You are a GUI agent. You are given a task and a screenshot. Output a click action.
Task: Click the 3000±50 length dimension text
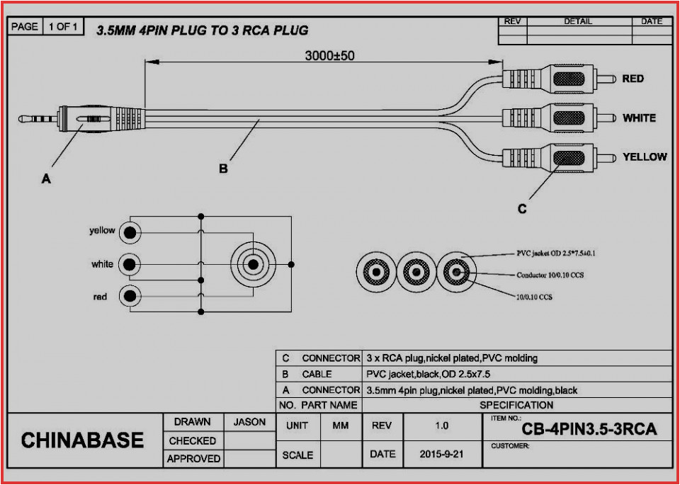[x=329, y=56]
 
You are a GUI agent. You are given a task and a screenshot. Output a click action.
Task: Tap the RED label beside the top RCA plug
[x=633, y=79]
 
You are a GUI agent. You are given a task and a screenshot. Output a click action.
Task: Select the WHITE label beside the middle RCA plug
[x=639, y=118]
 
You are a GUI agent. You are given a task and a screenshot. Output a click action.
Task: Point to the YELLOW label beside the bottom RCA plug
[x=644, y=156]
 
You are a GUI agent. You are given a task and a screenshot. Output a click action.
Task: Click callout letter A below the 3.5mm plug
[x=45, y=179]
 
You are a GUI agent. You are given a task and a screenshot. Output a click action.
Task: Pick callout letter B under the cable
[x=223, y=169]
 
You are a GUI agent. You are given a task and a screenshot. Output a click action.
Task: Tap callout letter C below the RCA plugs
[x=521, y=208]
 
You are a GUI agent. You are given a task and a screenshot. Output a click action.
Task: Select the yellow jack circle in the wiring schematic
[x=129, y=232]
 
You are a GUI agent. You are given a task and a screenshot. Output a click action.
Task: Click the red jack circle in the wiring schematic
[x=129, y=296]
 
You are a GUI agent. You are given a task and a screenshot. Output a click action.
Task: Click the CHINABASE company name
[x=82, y=440]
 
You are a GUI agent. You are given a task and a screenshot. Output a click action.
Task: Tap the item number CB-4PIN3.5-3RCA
[x=589, y=429]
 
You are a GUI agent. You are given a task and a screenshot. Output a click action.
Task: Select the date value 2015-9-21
[x=441, y=455]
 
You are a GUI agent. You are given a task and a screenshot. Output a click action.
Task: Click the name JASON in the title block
[x=249, y=422]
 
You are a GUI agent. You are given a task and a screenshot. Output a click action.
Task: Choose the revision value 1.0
[x=441, y=426]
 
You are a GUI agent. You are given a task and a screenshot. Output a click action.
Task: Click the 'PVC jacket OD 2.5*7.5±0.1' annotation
[x=555, y=253]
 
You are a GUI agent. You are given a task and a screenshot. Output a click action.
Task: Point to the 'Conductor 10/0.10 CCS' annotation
[x=550, y=274]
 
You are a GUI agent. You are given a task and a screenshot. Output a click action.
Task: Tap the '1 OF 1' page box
[x=63, y=27]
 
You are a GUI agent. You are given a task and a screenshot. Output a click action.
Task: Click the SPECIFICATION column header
[x=516, y=405]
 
